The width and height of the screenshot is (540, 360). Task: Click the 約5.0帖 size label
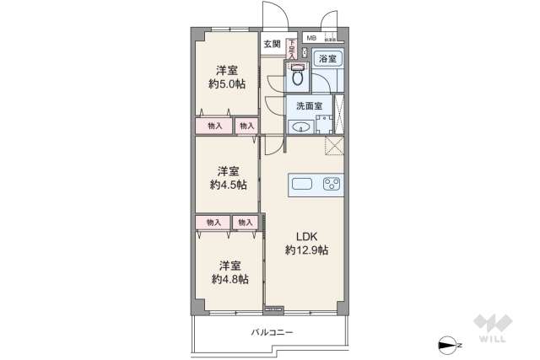[227, 83]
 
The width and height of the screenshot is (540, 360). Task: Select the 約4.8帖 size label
[229, 279]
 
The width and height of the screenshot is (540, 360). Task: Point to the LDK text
[305, 236]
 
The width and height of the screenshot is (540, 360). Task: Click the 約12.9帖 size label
[305, 250]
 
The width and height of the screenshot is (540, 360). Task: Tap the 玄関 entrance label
[271, 44]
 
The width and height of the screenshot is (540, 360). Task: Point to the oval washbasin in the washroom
[303, 127]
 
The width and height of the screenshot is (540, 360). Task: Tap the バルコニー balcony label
[272, 332]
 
